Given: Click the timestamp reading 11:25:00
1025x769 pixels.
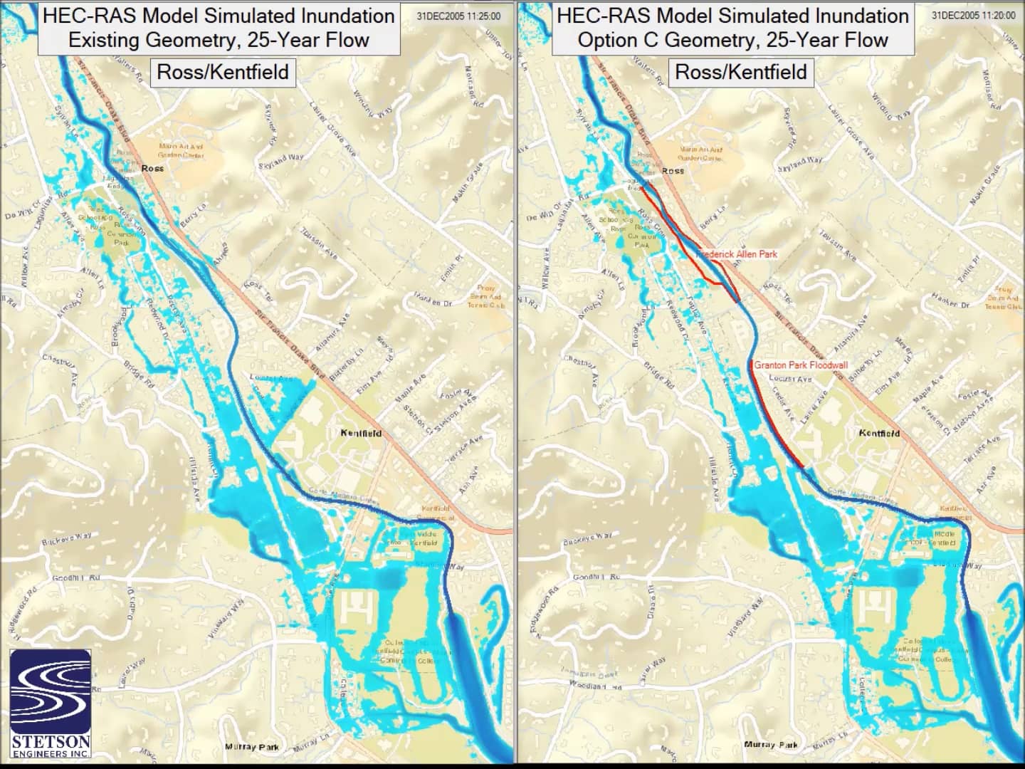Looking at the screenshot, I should click(459, 16).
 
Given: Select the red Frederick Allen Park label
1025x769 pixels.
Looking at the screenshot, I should click(737, 254).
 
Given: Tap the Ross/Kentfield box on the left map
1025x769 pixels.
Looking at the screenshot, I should click(223, 72).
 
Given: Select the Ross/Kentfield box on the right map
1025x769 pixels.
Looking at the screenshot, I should click(740, 72).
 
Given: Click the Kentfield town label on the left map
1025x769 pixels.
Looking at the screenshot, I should click(361, 433).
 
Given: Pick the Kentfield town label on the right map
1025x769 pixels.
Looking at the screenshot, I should click(879, 433).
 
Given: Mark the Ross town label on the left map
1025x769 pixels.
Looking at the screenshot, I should click(152, 169).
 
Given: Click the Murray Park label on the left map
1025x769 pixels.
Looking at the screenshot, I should click(252, 747).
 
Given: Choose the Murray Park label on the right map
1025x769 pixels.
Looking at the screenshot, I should click(770, 745).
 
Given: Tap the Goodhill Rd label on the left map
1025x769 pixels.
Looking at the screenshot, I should click(76, 577).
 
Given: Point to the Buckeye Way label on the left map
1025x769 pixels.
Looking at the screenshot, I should click(66, 538).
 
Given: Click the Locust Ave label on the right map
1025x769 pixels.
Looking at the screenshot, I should click(790, 379).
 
